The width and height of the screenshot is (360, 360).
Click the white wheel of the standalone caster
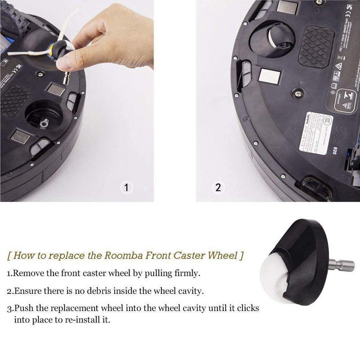287,274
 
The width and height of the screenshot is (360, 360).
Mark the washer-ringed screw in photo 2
297,93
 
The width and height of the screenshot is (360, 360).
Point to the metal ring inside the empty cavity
44,122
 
